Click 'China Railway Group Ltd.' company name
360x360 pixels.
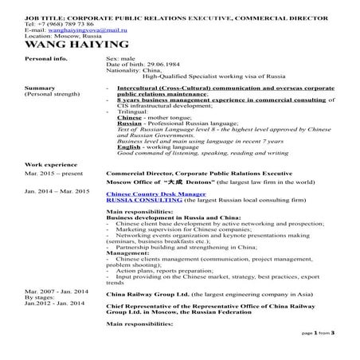pyautogui.click(x=152, y=293)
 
